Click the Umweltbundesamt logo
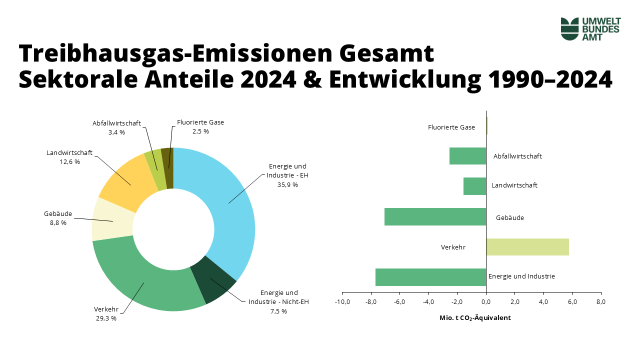click(x=590, y=28)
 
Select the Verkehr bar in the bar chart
click(x=527, y=247)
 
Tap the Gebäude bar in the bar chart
click(x=435, y=216)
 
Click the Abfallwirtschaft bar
click(x=467, y=156)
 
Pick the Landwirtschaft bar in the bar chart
click(x=474, y=186)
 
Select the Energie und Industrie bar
click(x=430, y=277)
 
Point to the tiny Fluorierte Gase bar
click(x=487, y=125)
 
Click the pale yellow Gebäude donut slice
click(x=112, y=220)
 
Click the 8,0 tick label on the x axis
click(x=601, y=302)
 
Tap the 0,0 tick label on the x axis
click(x=486, y=302)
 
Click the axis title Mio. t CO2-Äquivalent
click(x=475, y=318)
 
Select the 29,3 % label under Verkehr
click(x=105, y=318)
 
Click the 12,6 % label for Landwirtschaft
click(x=69, y=161)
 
